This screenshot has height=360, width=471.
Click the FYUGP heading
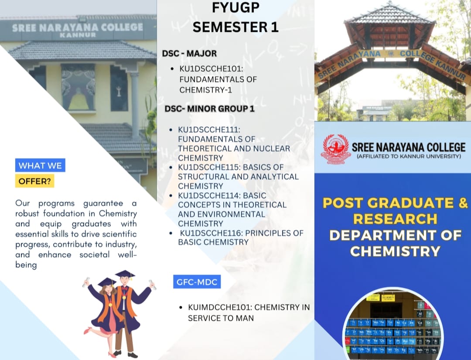pyautogui.click(x=235, y=7)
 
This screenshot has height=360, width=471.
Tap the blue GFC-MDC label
pyautogui.click(x=196, y=282)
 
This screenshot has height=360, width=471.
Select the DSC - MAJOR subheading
pyautogui.click(x=189, y=54)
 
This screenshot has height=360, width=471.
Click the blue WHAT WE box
pyautogui.click(x=40, y=165)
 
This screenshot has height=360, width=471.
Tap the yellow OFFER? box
pyautogui.click(x=34, y=181)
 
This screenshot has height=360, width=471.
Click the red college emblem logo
pyautogui.click(x=335, y=149)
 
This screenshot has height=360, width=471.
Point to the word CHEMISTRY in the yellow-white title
pyautogui.click(x=395, y=251)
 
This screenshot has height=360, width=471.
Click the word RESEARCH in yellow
pyautogui.click(x=395, y=219)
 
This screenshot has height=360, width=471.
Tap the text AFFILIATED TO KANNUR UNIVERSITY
pyautogui.click(x=408, y=156)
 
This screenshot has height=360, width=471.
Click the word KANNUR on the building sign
pyautogui.click(x=78, y=35)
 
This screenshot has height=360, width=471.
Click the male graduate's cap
pyautogui.click(x=125, y=275)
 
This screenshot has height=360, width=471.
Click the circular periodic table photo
pyautogui.click(x=392, y=325)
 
